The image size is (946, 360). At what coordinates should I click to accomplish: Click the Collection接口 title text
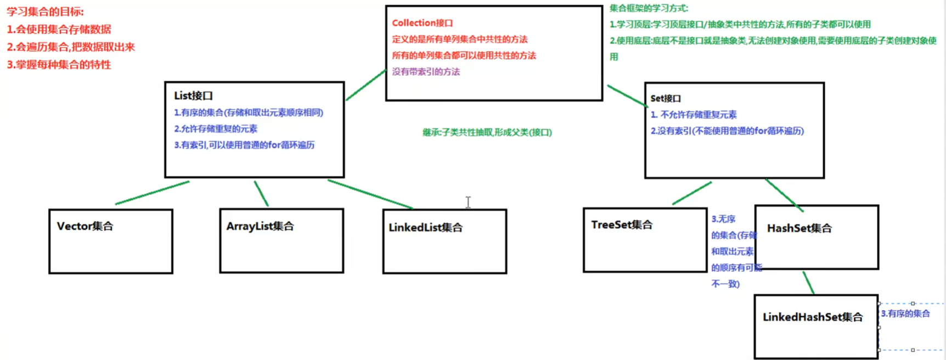[422, 23]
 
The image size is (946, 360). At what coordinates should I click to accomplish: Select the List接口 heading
[193, 95]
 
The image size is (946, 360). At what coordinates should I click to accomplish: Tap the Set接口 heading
[666, 98]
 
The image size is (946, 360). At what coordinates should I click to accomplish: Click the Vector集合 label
[85, 226]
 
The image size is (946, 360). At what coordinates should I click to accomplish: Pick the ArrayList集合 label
[260, 226]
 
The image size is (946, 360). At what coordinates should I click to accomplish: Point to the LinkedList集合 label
[425, 227]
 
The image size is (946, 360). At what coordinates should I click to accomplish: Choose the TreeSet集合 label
[622, 224]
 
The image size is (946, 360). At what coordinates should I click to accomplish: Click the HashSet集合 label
[799, 228]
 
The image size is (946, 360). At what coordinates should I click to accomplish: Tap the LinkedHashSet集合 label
[813, 317]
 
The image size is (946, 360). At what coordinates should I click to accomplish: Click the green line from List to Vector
[153, 193]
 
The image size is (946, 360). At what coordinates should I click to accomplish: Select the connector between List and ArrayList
[261, 194]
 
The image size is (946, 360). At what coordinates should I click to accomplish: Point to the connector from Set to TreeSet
[692, 193]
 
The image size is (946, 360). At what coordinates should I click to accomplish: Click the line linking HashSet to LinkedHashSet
[808, 283]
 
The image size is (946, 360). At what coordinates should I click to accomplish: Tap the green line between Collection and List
[366, 85]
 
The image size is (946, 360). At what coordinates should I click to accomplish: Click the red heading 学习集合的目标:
[45, 12]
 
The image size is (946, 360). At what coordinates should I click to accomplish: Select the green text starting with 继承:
[487, 132]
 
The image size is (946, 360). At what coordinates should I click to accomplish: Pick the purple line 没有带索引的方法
[426, 72]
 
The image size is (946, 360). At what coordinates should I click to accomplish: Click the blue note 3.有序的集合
[905, 313]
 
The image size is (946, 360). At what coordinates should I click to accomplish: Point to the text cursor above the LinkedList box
[468, 202]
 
